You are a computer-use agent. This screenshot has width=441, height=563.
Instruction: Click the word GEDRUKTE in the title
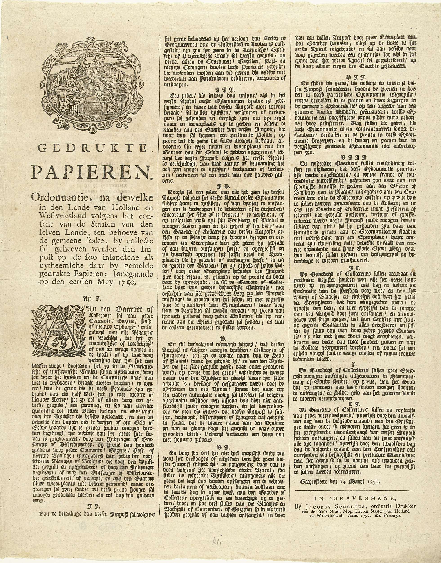(x=91, y=148)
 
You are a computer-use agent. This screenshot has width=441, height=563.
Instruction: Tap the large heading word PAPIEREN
(x=91, y=171)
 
